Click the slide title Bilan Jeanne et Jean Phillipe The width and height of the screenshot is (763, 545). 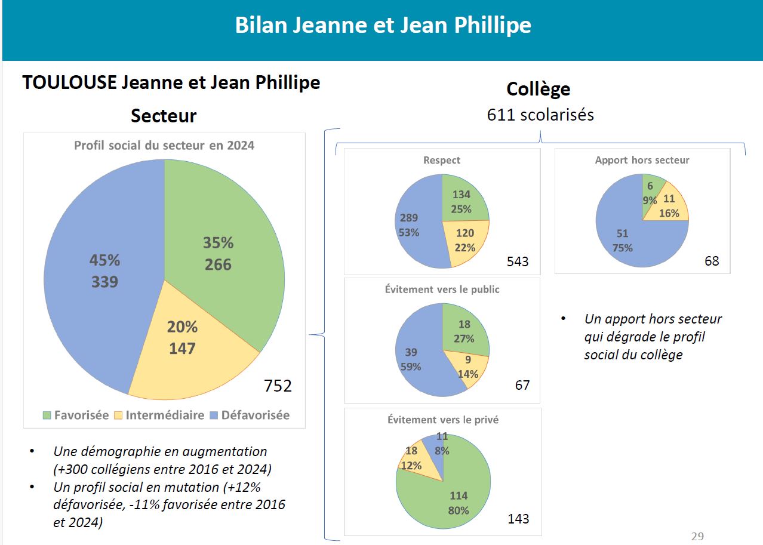(383, 26)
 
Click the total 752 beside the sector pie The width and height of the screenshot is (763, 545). (278, 386)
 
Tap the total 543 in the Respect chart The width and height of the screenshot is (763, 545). (518, 261)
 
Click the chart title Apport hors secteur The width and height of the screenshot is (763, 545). (642, 160)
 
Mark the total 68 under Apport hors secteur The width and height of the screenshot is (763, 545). (712, 261)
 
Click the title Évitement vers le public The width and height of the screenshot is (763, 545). (442, 290)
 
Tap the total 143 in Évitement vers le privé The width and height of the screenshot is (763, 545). (518, 519)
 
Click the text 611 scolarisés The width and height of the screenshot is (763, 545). (540, 115)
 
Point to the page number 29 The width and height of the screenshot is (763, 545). (697, 536)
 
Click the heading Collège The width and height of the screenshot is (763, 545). (538, 89)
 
